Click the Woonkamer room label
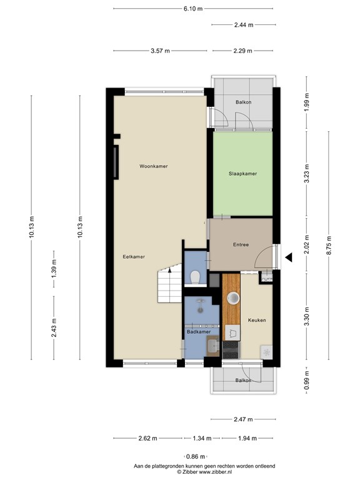(153, 166)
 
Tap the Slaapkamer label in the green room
(242, 174)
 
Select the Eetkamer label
(134, 257)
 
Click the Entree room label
(241, 244)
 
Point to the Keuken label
(257, 320)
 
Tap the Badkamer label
(199, 332)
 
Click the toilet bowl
(195, 277)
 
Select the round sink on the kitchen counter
(233, 298)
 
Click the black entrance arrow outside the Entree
(289, 257)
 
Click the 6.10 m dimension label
(193, 9)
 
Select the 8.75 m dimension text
(329, 245)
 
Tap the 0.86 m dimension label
(196, 457)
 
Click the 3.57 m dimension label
(160, 51)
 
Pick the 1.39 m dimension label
(54, 269)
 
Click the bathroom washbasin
(213, 346)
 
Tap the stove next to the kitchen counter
(231, 350)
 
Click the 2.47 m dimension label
(243, 419)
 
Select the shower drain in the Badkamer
(201, 310)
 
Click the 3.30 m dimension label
(307, 319)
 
